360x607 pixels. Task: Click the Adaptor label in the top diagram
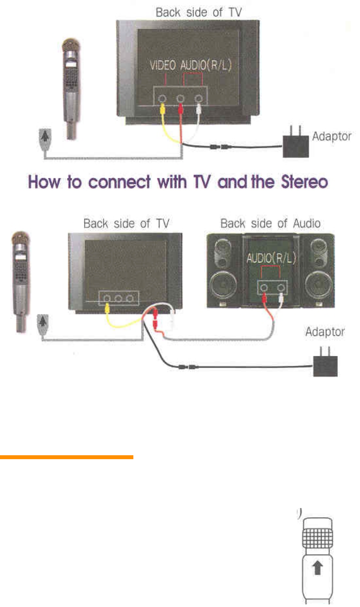pos(332,136)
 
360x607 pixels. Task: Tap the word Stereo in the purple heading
pos(300,182)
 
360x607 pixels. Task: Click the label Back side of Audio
pos(270,224)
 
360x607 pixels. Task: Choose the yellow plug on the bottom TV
pos(108,308)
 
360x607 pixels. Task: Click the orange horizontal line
pos(66,457)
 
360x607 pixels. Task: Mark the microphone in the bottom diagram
pos(20,279)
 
